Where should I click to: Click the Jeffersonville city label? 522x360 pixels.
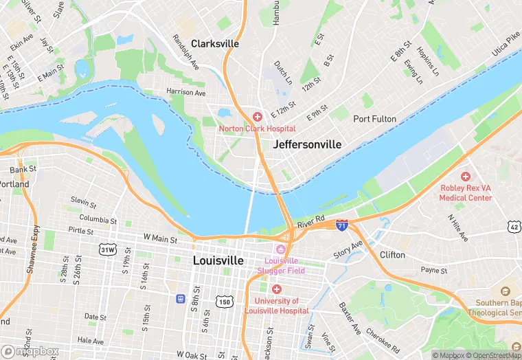[307, 144]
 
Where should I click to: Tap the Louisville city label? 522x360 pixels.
[218, 260]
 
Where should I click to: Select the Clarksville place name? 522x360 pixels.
[215, 43]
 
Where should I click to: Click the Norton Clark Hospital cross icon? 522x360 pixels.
[258, 117]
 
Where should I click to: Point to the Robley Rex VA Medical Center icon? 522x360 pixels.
[466, 177]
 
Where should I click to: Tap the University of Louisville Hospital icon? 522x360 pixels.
[277, 289]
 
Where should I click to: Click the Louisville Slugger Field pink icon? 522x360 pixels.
[280, 249]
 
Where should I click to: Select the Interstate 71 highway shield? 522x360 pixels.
[342, 225]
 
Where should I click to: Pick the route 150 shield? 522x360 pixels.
[225, 301]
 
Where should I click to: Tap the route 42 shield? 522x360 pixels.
[514, 226]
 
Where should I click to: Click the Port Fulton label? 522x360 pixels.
[374, 119]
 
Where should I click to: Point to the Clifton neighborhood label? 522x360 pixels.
[392, 254]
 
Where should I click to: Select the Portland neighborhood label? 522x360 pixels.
[14, 184]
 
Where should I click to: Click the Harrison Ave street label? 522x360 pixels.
[185, 92]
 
